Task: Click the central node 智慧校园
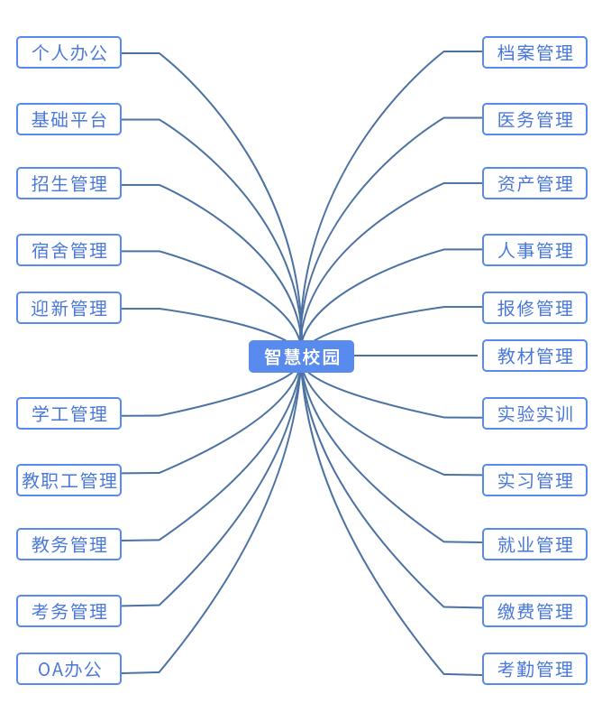(x=301, y=356)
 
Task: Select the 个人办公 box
(x=68, y=52)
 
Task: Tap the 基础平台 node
(x=68, y=119)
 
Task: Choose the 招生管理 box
(x=68, y=183)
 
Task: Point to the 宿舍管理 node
(x=68, y=250)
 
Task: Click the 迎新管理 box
(x=68, y=308)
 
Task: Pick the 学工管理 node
(x=68, y=413)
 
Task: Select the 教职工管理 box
(x=68, y=480)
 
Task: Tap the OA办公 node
(x=68, y=669)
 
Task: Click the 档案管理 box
(x=534, y=52)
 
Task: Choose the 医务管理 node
(x=534, y=119)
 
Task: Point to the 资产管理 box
(x=534, y=183)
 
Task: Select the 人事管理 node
(x=534, y=250)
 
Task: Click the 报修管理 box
(x=534, y=308)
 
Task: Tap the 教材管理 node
(x=534, y=356)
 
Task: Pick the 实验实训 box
(x=534, y=413)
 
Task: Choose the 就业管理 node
(x=534, y=544)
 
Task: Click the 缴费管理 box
(x=534, y=611)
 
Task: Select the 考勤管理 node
(x=534, y=669)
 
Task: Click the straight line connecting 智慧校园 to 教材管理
(x=416, y=356)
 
